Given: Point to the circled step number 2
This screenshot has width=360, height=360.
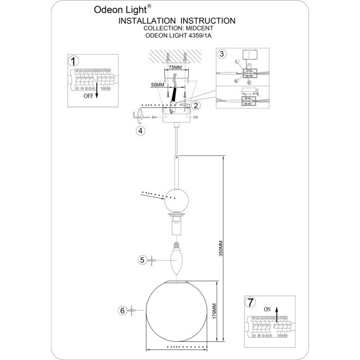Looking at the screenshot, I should coord(196,106).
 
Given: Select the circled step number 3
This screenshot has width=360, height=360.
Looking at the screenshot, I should coord(222,55).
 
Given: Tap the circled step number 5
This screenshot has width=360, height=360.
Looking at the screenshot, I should coord(142,260).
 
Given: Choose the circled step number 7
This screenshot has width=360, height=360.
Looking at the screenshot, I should coord(250,302).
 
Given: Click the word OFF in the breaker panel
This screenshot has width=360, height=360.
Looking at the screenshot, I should coord(91,97).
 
